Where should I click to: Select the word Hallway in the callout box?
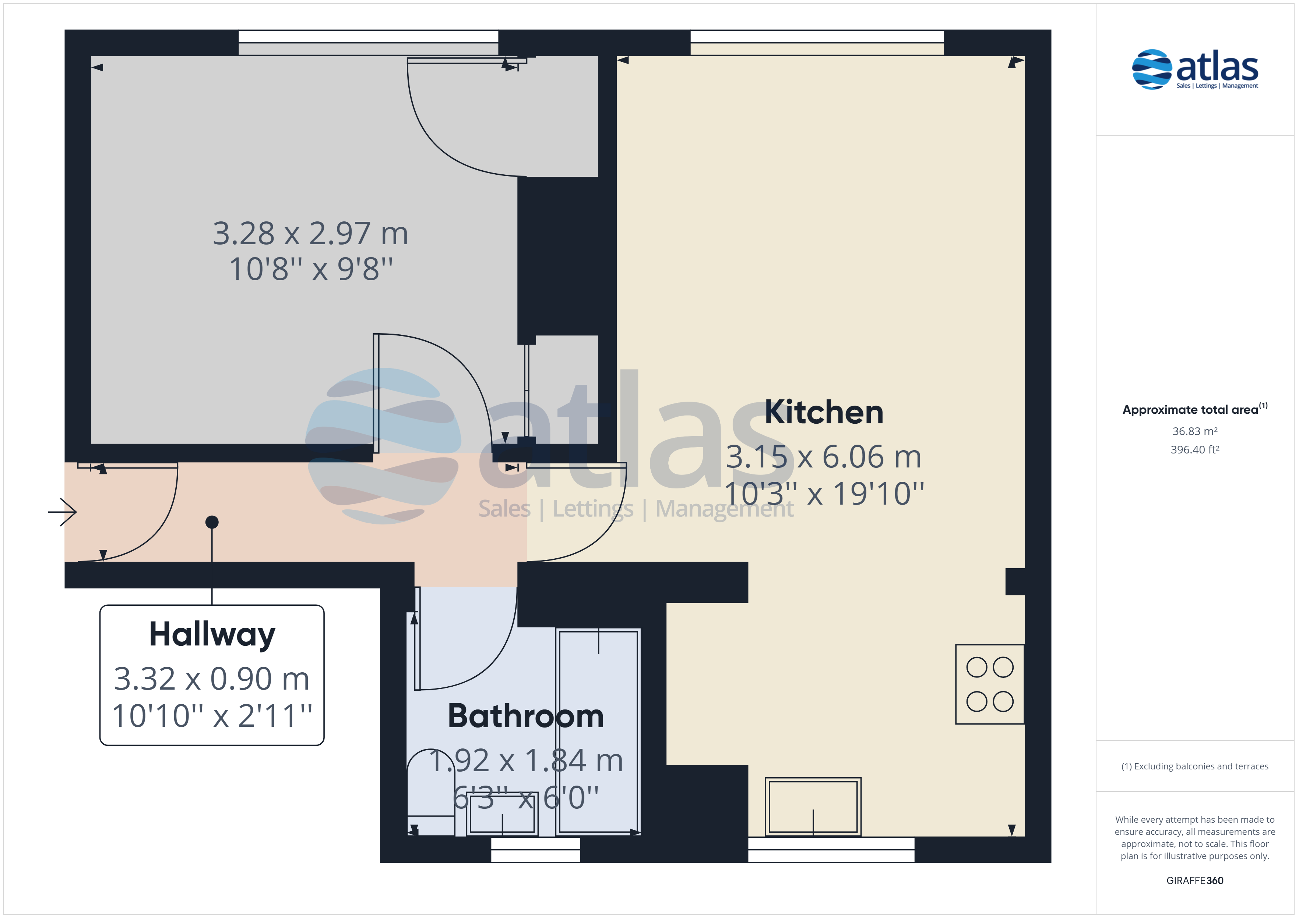(x=212, y=634)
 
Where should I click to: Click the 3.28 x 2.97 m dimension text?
(x=310, y=234)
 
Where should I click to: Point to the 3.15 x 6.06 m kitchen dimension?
(x=824, y=457)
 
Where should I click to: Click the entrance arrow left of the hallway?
(x=62, y=512)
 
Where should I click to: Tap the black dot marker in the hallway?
(x=212, y=522)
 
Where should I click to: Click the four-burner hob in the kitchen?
(x=989, y=684)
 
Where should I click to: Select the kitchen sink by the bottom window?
(x=813, y=807)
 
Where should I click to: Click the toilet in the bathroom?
(x=430, y=791)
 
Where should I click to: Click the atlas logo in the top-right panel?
(x=1195, y=70)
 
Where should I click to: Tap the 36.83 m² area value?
(x=1195, y=431)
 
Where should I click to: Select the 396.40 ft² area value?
(x=1195, y=450)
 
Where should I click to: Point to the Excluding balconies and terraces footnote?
(x=1195, y=766)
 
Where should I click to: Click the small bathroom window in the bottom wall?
(x=535, y=849)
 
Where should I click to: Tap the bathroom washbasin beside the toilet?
(x=502, y=814)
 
